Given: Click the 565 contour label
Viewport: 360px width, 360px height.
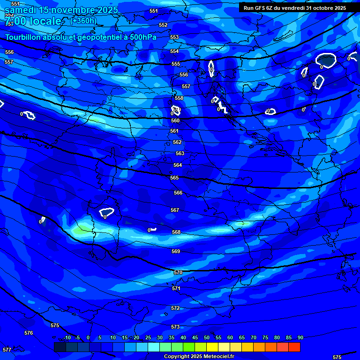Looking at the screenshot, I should coord(174,178).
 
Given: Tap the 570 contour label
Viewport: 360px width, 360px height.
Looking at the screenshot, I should coord(178,272).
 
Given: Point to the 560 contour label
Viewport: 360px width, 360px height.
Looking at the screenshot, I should coord(175,120).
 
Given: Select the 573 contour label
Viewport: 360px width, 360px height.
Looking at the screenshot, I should coord(175,327).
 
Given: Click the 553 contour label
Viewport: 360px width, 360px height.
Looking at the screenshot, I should coord(174,37).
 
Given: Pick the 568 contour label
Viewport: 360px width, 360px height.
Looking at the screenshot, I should coord(176,232).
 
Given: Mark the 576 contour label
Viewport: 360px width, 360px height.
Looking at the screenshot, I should coord(29,333).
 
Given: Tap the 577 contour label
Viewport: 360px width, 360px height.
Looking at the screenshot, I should coord(7,350).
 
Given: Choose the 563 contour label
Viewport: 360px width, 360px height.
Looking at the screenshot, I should coord(180,153).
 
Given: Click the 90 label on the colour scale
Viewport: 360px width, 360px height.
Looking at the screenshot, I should coord(300,337).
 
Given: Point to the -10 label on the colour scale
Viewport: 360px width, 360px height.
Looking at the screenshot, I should coord(67,337).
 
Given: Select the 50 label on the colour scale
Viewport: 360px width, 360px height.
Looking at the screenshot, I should coord(207,337).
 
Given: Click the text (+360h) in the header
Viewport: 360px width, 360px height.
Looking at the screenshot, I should coord(83,21).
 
